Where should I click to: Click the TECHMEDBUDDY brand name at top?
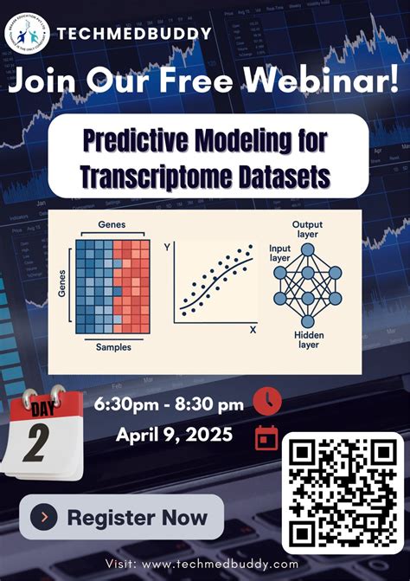(x=134, y=35)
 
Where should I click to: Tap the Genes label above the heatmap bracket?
(x=112, y=224)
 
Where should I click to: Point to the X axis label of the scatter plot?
(x=253, y=330)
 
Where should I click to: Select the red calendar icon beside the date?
(x=267, y=437)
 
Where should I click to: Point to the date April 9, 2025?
(x=174, y=435)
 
